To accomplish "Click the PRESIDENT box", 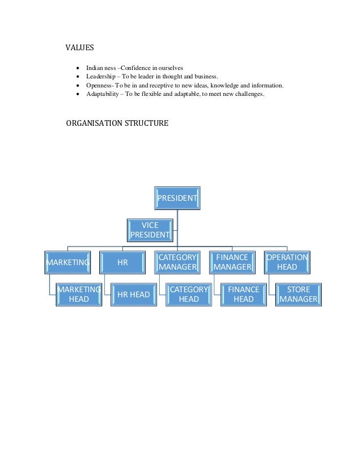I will [177, 198].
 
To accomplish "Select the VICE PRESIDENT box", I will [150, 230].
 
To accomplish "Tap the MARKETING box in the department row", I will [68, 262].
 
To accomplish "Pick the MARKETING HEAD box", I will [78, 294].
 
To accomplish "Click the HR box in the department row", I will [122, 262].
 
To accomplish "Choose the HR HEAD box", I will [133, 294].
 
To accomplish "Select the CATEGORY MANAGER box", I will [177, 262].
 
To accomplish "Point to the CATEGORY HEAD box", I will [188, 294].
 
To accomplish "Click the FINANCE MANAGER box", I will [232, 262].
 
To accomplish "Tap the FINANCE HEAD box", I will [243, 294].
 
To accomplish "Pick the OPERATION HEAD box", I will [287, 262].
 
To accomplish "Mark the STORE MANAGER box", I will [298, 294].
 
